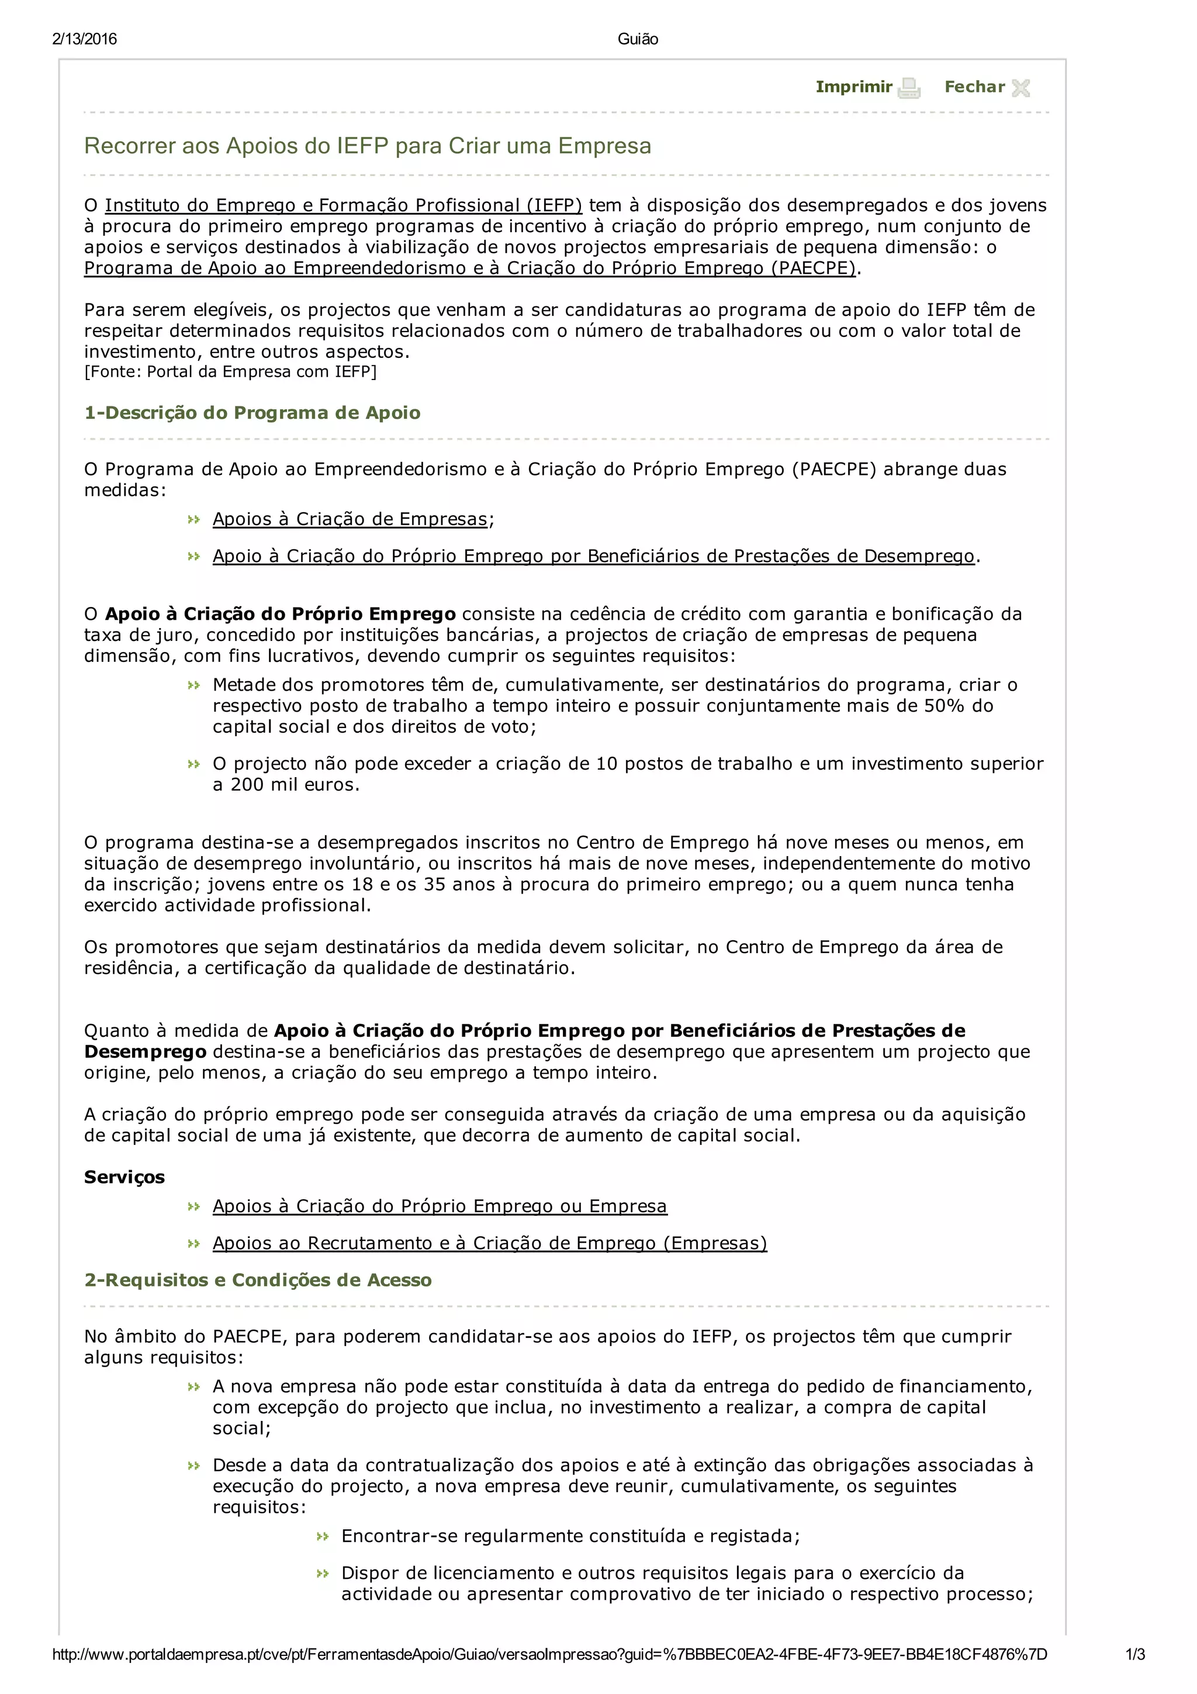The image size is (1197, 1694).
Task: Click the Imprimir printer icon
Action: pyautogui.click(x=909, y=88)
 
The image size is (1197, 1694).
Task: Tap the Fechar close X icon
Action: pyautogui.click(x=1020, y=88)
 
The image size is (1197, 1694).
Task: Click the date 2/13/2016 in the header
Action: pyautogui.click(x=84, y=39)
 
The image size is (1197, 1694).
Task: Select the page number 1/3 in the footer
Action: pyautogui.click(x=1134, y=1654)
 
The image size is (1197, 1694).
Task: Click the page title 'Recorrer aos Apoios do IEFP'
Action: pyautogui.click(x=367, y=146)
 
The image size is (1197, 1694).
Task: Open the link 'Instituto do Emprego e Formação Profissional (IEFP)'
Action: pyautogui.click(x=343, y=205)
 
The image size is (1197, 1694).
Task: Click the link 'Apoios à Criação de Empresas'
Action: pyautogui.click(x=350, y=519)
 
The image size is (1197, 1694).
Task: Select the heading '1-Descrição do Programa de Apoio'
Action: pyautogui.click(x=252, y=412)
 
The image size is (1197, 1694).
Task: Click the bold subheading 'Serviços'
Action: pyautogui.click(x=124, y=1177)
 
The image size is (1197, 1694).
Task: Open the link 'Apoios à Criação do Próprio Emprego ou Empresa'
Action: pyautogui.click(x=440, y=1206)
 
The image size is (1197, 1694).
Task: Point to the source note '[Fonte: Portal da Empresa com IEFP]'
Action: pyautogui.click(x=230, y=372)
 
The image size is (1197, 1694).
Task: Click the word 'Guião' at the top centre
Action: pyautogui.click(x=637, y=39)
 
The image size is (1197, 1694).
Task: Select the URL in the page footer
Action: pyautogui.click(x=549, y=1654)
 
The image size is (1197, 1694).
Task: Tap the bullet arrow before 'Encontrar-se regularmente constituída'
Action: pyautogui.click(x=322, y=1536)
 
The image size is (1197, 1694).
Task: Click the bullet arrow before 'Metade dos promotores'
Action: pyautogui.click(x=194, y=685)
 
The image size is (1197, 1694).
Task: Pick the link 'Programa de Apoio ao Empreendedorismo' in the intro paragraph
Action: pyautogui.click(x=469, y=268)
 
